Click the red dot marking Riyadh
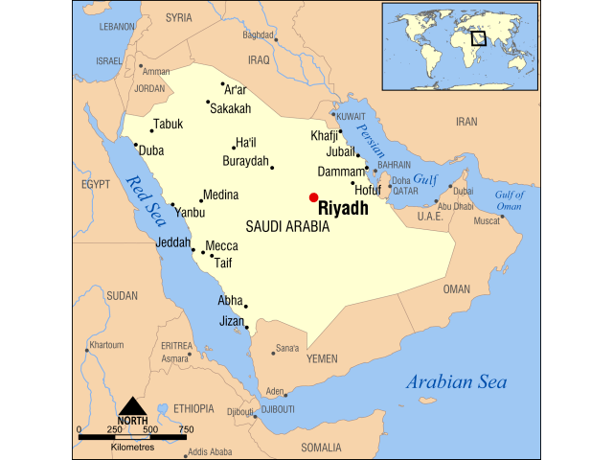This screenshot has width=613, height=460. [313, 197]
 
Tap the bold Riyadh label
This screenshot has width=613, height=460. [343, 209]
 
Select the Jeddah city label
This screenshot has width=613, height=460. [173, 242]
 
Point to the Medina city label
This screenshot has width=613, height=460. [220, 195]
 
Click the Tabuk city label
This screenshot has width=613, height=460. [168, 124]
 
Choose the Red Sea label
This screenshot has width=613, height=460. [149, 197]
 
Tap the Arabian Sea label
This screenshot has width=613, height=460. [456, 382]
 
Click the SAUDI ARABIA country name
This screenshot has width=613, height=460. [287, 227]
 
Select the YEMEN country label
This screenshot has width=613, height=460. [322, 358]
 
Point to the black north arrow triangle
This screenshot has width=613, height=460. [132, 405]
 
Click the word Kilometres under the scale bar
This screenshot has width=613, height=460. [132, 448]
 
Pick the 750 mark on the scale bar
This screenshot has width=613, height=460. [186, 429]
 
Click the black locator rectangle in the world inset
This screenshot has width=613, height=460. [478, 38]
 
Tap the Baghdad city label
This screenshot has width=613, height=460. [258, 34]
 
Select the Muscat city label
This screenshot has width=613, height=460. [487, 221]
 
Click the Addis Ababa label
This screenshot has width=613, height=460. [209, 451]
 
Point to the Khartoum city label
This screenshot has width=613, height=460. [106, 344]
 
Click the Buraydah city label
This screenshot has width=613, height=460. [245, 161]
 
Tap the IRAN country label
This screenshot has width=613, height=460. [465, 122]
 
